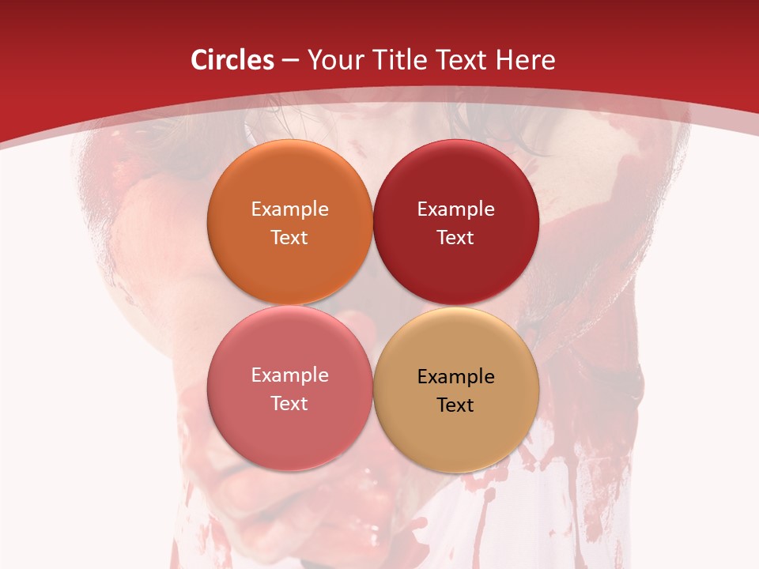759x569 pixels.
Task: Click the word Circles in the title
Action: click(232, 60)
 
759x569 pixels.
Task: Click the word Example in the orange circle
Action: click(289, 209)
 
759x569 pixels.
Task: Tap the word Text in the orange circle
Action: click(289, 237)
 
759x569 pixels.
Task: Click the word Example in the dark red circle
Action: click(455, 209)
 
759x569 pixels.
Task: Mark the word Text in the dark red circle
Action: click(455, 237)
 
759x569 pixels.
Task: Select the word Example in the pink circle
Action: click(289, 375)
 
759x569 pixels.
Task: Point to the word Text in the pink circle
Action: click(289, 403)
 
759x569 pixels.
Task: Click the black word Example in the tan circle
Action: click(455, 376)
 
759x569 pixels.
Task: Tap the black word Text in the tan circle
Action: click(455, 405)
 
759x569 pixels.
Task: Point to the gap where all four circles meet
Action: click(372, 306)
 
